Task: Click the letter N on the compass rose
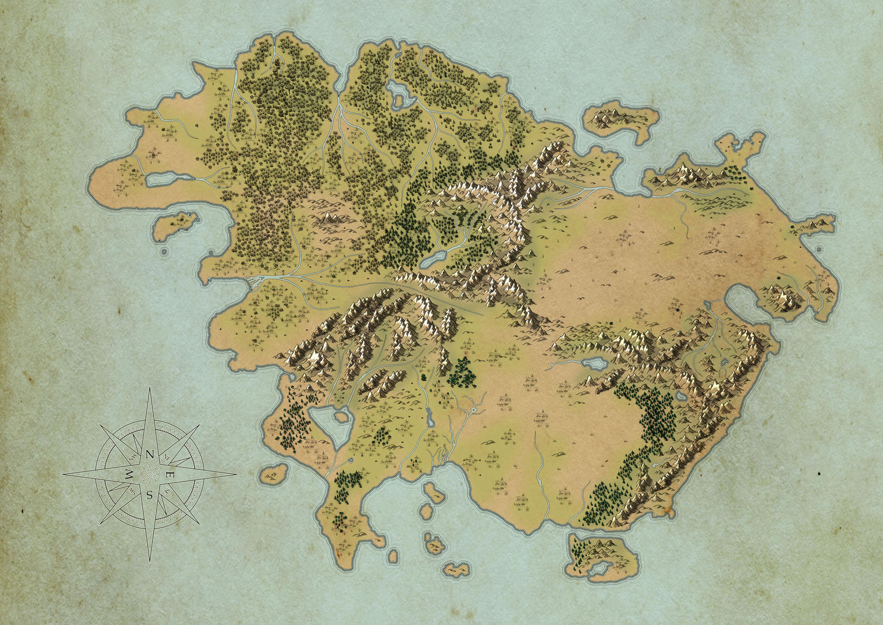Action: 150,454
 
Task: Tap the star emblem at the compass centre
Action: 150,474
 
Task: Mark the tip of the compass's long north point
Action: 150,388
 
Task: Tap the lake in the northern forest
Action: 401,93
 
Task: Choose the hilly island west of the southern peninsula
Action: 275,473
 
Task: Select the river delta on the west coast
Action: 253,282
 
